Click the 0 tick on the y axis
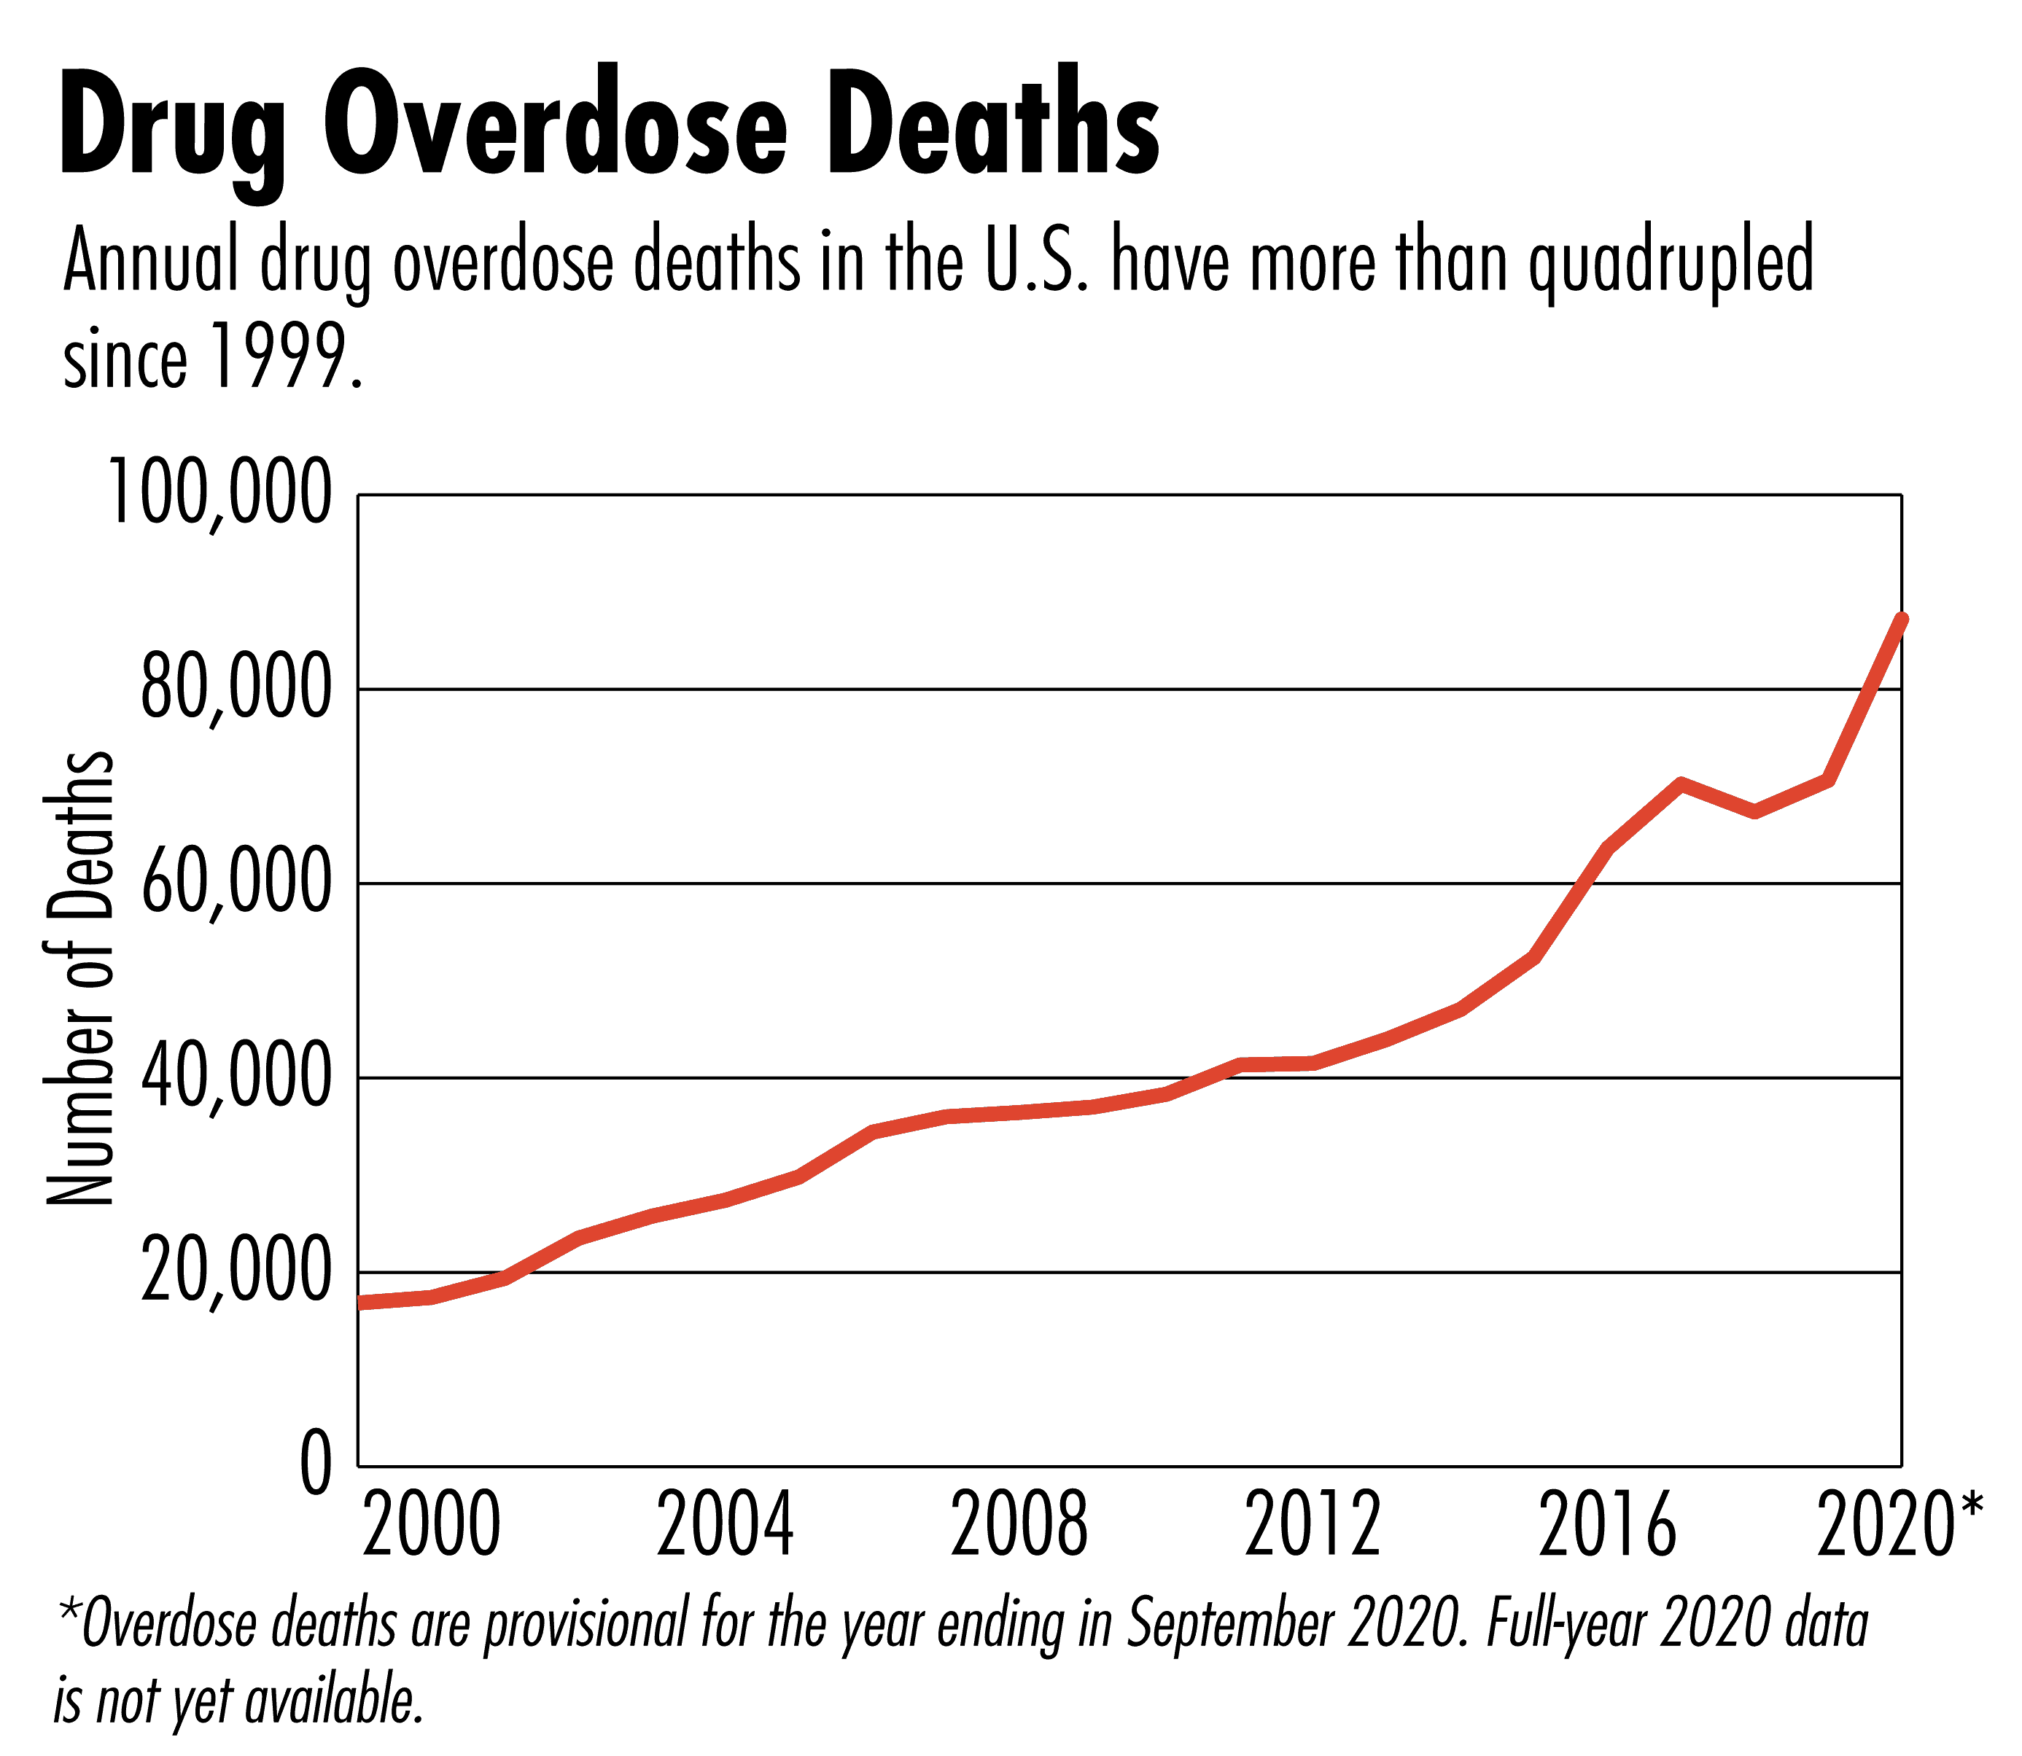click(x=316, y=1465)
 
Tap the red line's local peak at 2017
click(x=1680, y=784)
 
